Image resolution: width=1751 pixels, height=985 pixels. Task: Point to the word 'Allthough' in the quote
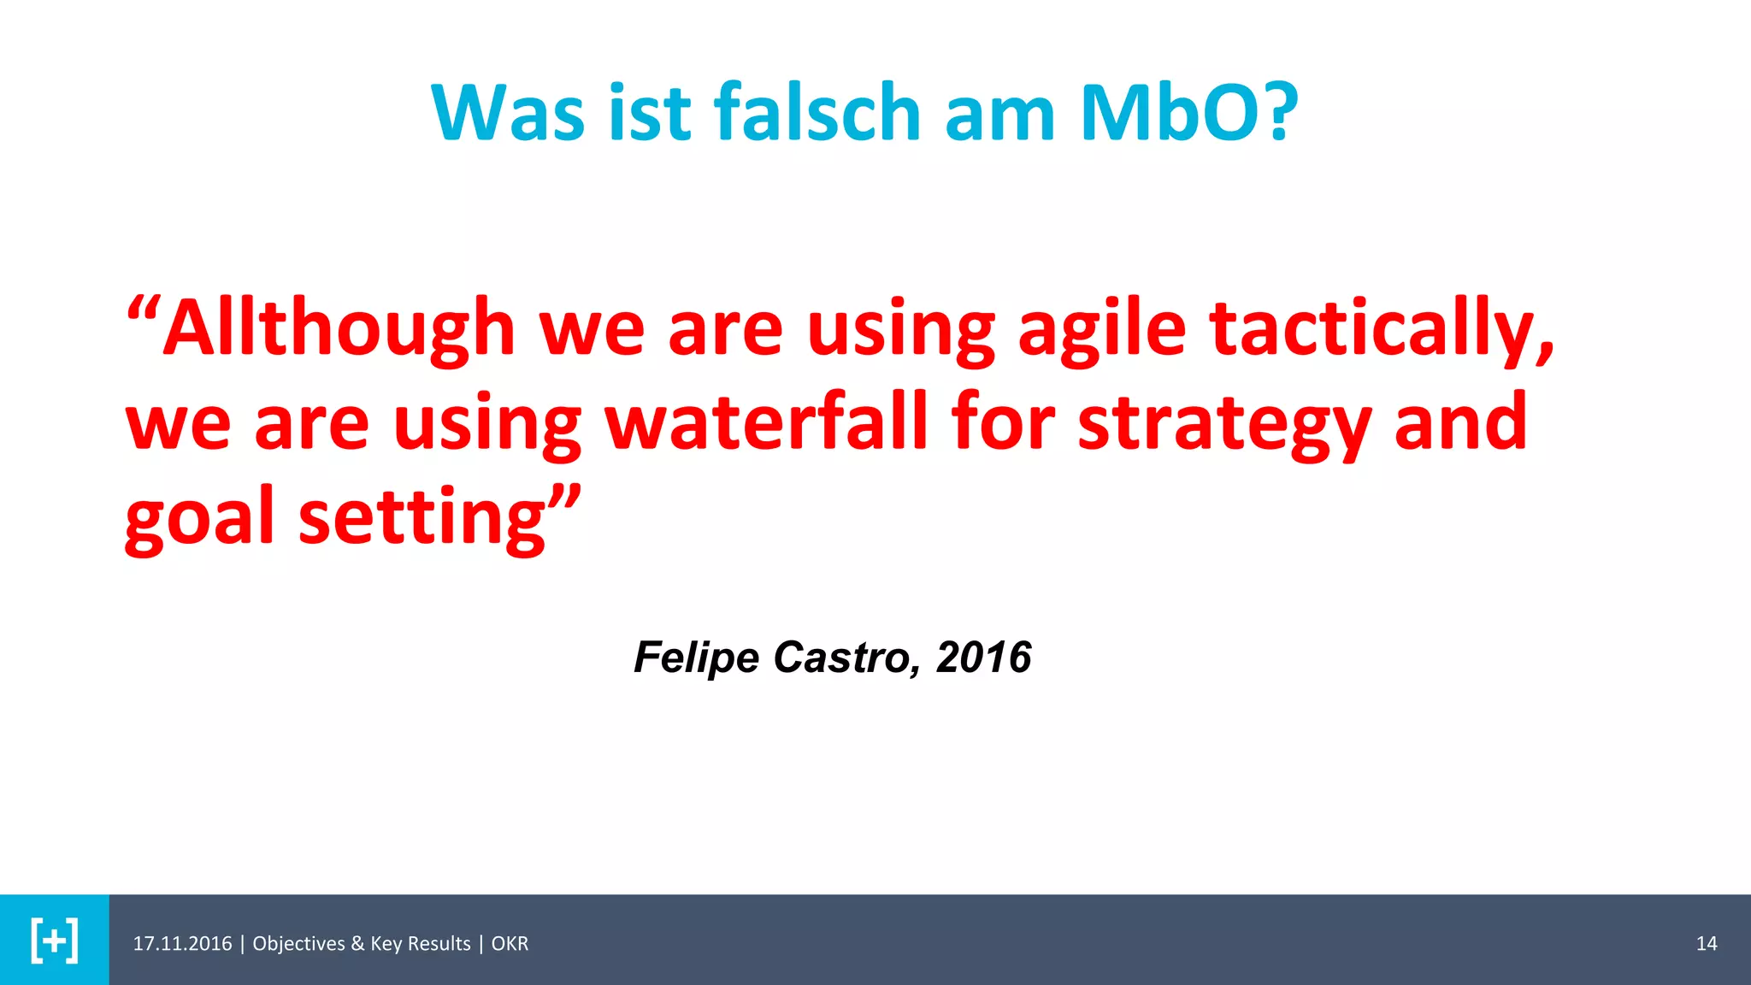(x=339, y=329)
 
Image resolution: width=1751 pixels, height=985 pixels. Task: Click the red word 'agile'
(x=1102, y=329)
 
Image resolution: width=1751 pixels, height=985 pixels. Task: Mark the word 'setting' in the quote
(x=422, y=517)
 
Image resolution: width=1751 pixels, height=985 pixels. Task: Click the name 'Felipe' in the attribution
(x=696, y=658)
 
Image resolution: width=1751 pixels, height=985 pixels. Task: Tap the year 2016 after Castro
(x=983, y=658)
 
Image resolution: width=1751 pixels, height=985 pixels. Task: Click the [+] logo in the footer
(x=54, y=941)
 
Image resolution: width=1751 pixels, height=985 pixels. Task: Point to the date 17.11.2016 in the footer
(x=182, y=943)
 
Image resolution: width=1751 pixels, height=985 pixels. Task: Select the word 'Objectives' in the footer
(x=298, y=943)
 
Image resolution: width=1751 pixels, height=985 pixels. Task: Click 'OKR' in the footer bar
(x=510, y=943)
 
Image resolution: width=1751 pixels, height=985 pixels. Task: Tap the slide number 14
(x=1707, y=943)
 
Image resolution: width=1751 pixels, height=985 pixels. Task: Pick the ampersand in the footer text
(x=357, y=943)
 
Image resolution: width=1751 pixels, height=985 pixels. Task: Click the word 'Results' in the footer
(x=438, y=943)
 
